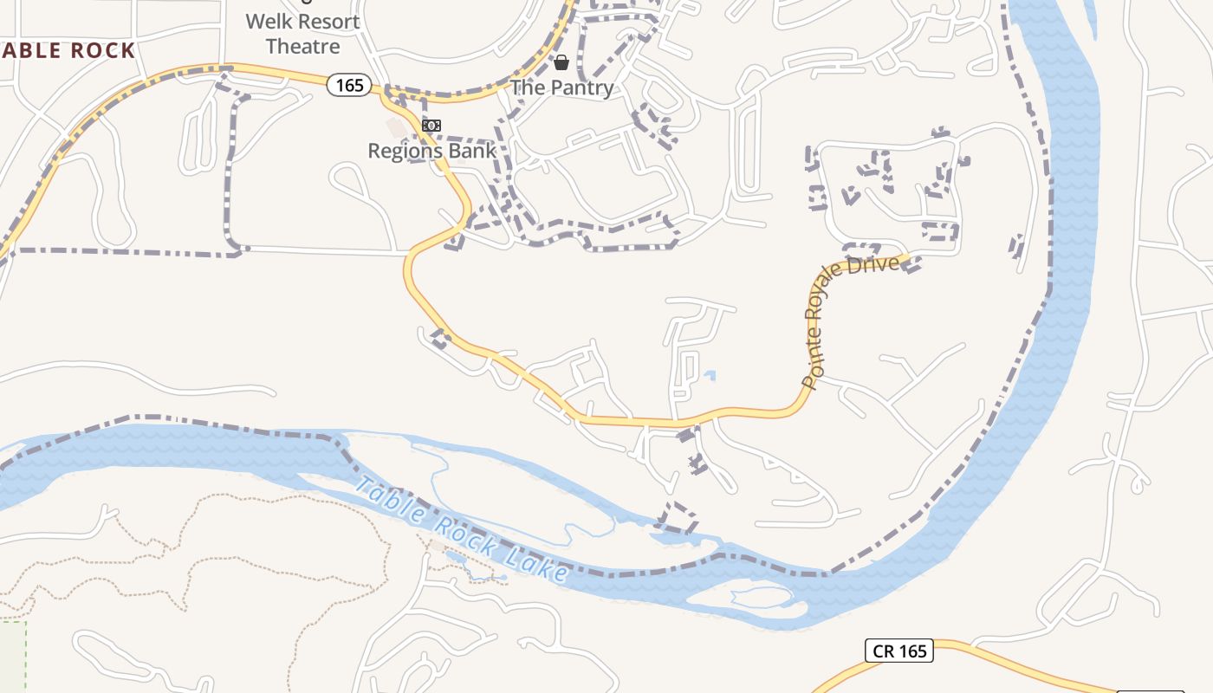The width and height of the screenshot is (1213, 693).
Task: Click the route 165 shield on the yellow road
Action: (x=350, y=85)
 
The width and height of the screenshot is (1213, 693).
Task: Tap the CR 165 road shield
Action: (x=898, y=651)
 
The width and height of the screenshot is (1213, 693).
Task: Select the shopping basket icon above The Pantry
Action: (x=561, y=62)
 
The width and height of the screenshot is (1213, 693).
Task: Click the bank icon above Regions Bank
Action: (x=431, y=126)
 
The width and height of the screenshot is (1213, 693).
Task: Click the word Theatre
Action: (x=302, y=46)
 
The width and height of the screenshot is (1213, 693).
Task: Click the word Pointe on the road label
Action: (x=813, y=365)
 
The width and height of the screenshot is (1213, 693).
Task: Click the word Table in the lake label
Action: (x=390, y=502)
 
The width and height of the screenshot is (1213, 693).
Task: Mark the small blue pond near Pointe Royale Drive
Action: (x=710, y=376)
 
